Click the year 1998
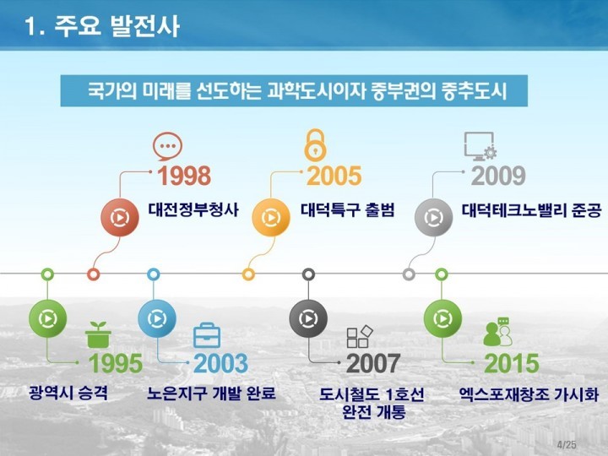184,176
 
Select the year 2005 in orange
334,176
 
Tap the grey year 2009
498,176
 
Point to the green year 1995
116,363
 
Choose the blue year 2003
220,363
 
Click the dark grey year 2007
373,363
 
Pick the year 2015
512,363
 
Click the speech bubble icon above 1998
167,146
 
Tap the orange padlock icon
315,144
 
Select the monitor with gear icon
480,146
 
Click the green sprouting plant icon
98,334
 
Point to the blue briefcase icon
207,335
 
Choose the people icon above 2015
497,332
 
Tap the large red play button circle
120,217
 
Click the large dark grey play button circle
308,318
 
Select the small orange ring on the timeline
248,274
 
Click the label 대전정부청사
193,209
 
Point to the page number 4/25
567,445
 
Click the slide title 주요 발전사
117,26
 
